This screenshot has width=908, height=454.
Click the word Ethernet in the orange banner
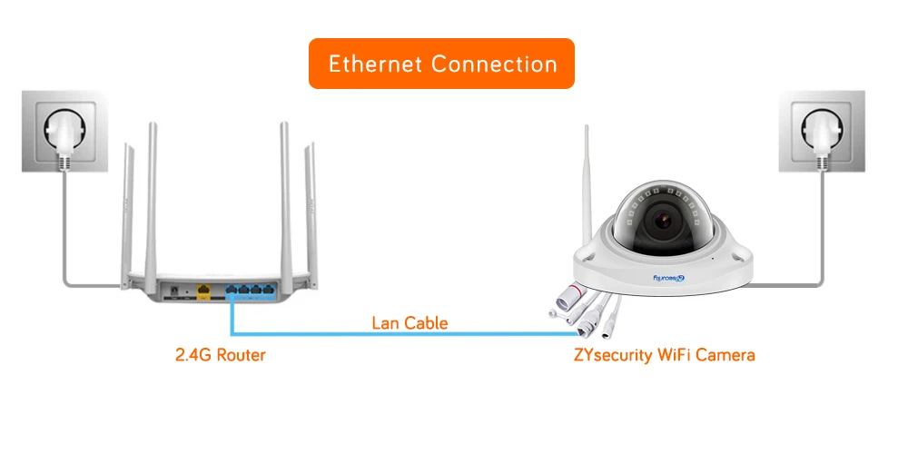(375, 64)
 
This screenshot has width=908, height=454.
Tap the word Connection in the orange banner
(494, 64)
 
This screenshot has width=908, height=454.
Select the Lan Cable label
(410, 322)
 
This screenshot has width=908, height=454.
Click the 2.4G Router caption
(220, 354)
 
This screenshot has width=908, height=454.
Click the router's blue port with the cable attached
(231, 289)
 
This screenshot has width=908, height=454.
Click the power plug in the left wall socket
(64, 137)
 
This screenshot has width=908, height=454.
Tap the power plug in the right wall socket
(822, 137)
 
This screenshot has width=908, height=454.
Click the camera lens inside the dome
(664, 221)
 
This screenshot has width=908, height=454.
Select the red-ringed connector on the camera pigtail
(570, 295)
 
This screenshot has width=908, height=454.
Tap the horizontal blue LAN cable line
(405, 334)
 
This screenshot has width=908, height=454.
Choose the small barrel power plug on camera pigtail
(610, 331)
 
